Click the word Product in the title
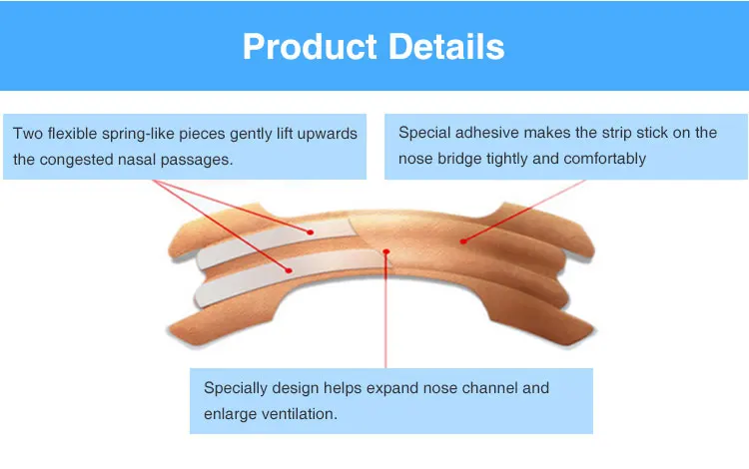[x=310, y=47]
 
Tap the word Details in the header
[x=446, y=46]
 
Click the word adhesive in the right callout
[x=486, y=132]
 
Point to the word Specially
[x=236, y=388]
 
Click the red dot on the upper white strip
[x=311, y=233]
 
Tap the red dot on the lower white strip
[x=289, y=270]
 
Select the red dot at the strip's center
[x=385, y=251]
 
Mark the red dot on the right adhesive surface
[x=462, y=241]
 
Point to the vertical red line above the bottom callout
[x=385, y=310]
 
